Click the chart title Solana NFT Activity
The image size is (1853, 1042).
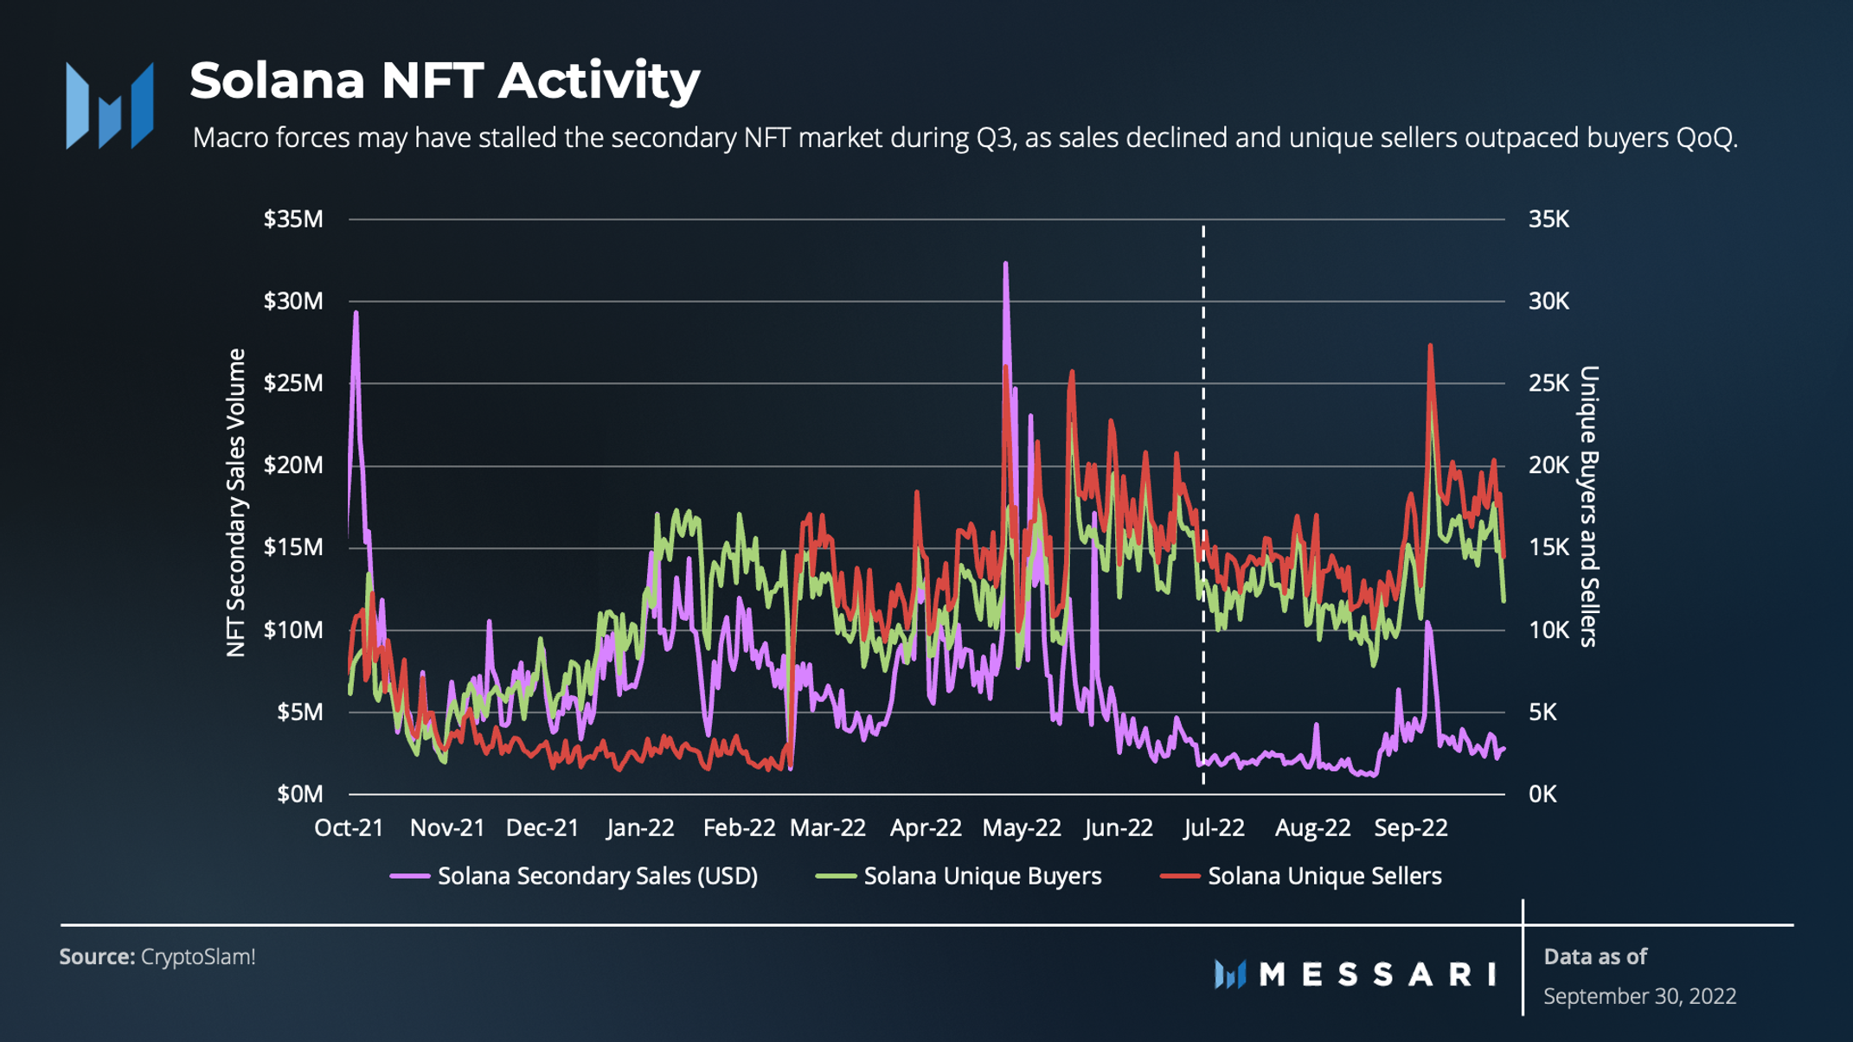(445, 80)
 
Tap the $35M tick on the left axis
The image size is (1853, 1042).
(293, 220)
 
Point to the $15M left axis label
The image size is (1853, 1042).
(293, 547)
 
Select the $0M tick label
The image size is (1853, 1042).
(299, 794)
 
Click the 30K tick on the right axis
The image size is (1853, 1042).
(1548, 302)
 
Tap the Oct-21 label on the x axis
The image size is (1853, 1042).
(349, 828)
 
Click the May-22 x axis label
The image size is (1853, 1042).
(1021, 828)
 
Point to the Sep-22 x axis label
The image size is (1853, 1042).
(1410, 828)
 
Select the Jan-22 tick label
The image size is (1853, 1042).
(640, 828)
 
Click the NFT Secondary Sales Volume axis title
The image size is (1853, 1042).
(236, 503)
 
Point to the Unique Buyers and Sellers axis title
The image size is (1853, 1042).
(1589, 506)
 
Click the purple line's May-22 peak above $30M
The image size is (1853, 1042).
(1005, 264)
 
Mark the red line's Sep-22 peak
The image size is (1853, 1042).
(1430, 346)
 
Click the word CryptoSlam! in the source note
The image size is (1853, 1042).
(198, 957)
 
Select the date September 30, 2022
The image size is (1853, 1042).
(1639, 996)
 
